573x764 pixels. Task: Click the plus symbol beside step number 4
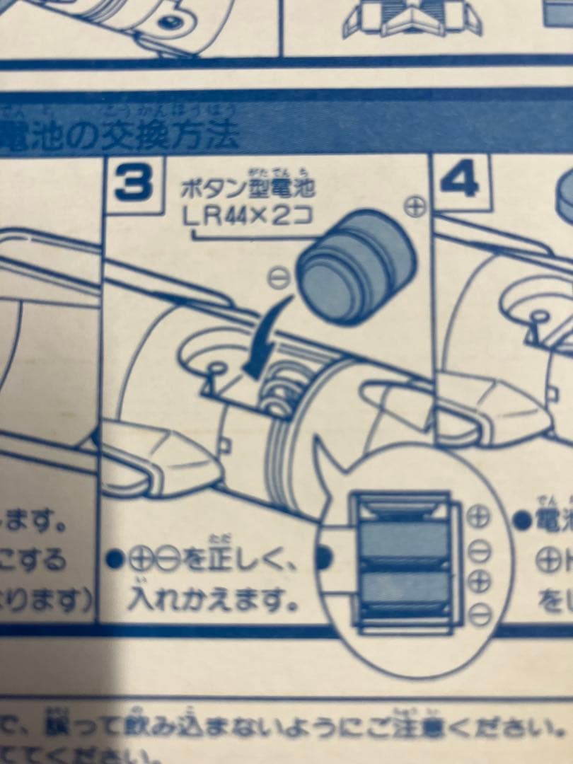click(x=417, y=207)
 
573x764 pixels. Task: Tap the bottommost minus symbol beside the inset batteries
click(x=480, y=613)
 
